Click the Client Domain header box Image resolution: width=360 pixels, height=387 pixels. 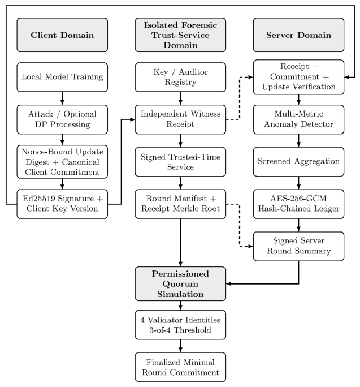click(62, 35)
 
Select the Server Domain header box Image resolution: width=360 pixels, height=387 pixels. click(298, 35)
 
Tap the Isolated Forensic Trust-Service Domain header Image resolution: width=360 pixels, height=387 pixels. click(180, 35)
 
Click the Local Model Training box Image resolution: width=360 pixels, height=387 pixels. click(62, 77)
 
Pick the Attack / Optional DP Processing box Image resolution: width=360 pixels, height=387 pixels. click(62, 119)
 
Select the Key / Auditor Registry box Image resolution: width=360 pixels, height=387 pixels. click(180, 77)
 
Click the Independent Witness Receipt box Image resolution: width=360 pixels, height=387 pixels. click(180, 119)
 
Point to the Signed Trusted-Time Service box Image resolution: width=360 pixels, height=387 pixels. click(180, 162)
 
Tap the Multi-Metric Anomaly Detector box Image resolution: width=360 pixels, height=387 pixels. click(298, 119)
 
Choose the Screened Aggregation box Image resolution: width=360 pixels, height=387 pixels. click(298, 162)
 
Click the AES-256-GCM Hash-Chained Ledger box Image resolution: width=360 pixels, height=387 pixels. click(298, 204)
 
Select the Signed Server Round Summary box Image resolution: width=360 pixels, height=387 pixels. click(298, 246)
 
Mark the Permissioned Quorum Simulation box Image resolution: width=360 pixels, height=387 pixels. click(180, 283)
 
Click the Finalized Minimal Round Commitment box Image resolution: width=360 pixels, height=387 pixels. click(180, 367)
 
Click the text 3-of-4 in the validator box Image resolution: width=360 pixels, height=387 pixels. click(160, 330)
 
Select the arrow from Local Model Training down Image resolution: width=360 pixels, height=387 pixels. click(62, 98)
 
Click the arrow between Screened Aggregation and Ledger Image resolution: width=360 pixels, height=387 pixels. click(298, 183)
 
